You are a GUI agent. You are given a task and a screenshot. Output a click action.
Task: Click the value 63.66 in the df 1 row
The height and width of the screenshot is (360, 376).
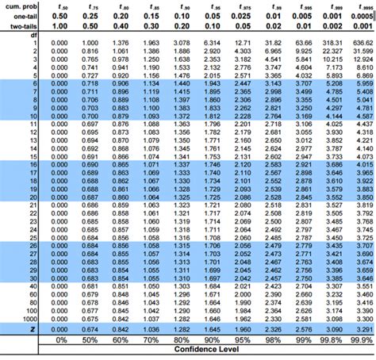(x=303, y=42)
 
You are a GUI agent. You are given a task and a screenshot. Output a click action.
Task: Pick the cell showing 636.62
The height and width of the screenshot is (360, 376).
(x=364, y=42)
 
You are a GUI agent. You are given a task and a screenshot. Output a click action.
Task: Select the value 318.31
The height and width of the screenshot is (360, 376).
(x=333, y=42)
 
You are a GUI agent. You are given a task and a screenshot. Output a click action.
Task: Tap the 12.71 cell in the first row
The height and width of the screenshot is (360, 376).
(x=244, y=42)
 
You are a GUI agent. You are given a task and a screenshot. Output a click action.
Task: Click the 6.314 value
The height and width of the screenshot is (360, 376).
(x=212, y=42)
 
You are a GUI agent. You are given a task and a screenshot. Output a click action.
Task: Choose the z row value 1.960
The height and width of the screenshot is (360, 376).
(x=244, y=328)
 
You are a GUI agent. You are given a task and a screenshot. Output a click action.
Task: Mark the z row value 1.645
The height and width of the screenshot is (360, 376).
(x=212, y=328)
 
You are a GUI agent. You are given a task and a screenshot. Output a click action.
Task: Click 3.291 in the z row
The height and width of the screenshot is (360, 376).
(x=364, y=328)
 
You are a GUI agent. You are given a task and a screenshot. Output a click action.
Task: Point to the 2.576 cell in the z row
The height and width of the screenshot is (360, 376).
(x=303, y=328)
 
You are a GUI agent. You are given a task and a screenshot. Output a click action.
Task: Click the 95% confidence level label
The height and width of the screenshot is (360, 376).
(x=244, y=339)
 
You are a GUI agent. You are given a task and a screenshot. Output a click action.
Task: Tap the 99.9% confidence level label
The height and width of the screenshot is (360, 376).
(x=364, y=339)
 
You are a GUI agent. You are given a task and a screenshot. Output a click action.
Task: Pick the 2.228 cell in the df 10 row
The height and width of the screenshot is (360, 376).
(x=244, y=116)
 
